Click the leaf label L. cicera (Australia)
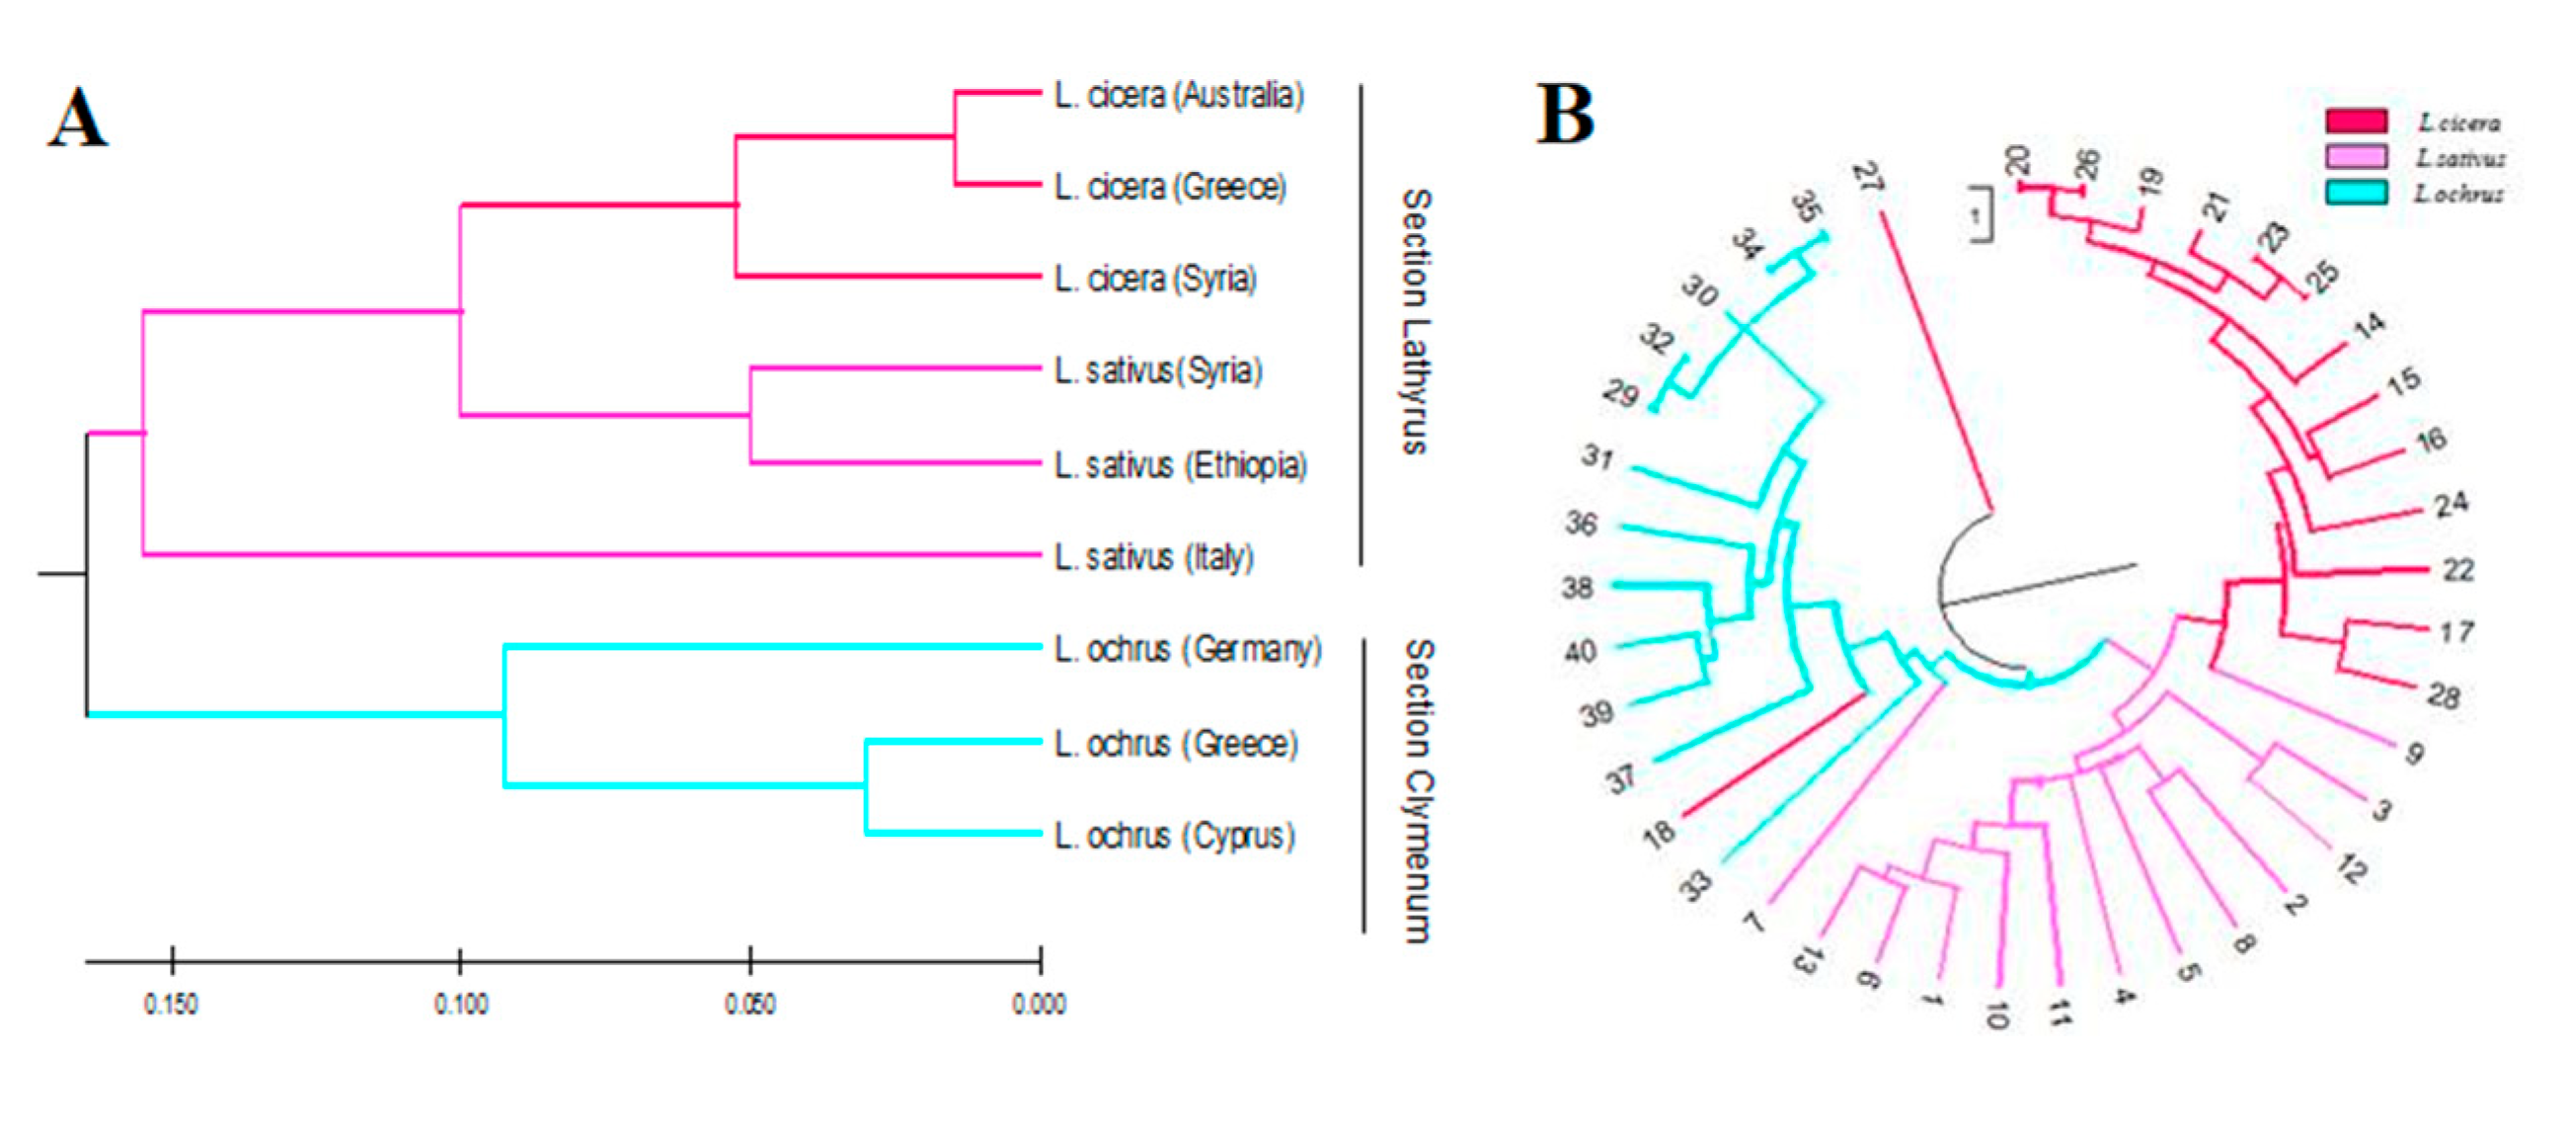1179,96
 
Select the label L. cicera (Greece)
1170,187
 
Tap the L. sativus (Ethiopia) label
1181,465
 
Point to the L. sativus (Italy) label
1154,557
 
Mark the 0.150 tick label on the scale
171,1004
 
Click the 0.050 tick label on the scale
750,1004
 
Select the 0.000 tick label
1039,1004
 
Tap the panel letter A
78,118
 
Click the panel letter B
1565,114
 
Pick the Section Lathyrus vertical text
1416,321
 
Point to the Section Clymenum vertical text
1418,790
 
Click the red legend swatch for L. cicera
2357,122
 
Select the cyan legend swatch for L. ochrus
2357,193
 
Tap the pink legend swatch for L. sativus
2357,157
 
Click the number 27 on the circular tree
1867,180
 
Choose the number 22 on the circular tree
2457,570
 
